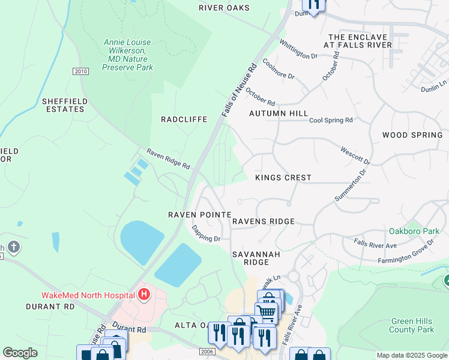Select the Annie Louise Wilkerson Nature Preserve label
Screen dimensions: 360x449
(127, 55)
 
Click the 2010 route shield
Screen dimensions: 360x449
(80, 71)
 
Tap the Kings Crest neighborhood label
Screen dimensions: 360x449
(283, 178)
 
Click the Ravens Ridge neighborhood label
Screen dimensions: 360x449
(264, 221)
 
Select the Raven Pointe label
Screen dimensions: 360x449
(199, 215)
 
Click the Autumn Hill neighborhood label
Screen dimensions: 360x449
(279, 113)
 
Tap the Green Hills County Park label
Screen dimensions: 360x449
(412, 326)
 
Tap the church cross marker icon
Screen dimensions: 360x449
(14, 247)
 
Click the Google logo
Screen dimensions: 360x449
(20, 353)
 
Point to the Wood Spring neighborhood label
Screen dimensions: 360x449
(412, 136)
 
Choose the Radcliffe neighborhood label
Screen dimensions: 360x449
(184, 119)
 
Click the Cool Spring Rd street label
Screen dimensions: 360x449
(331, 121)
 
